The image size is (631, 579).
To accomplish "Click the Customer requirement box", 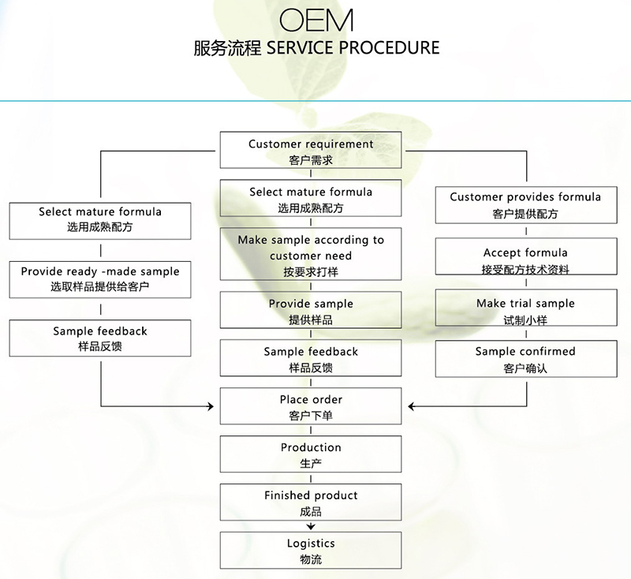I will pyautogui.click(x=311, y=151).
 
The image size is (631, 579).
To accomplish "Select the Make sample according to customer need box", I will pyautogui.click(x=311, y=255).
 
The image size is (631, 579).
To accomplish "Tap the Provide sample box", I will pyautogui.click(x=311, y=311).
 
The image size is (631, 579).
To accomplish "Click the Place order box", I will pyautogui.click(x=311, y=406).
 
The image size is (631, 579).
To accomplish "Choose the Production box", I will pyautogui.click(x=311, y=454).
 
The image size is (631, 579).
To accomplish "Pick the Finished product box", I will pyautogui.click(x=311, y=502).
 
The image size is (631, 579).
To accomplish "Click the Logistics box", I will pyautogui.click(x=311, y=551).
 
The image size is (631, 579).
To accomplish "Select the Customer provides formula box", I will pyautogui.click(x=525, y=204).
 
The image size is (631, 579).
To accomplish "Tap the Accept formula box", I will pyautogui.click(x=525, y=260).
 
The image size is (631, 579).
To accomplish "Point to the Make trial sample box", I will pyautogui.click(x=525, y=311).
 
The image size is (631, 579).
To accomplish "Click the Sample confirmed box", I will pyautogui.click(x=525, y=359).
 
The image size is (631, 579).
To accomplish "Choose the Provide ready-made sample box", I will pyautogui.click(x=100, y=278).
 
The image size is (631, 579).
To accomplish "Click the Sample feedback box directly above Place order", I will pyautogui.click(x=311, y=359).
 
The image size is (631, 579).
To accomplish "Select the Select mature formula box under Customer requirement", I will pyautogui.click(x=311, y=199).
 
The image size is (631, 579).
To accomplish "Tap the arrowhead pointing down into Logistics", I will pyautogui.click(x=311, y=526).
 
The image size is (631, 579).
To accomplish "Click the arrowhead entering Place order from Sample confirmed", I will pyautogui.click(x=412, y=406).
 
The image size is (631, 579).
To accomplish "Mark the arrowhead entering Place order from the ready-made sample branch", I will pyautogui.click(x=211, y=406).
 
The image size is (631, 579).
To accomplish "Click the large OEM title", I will pyautogui.click(x=316, y=20).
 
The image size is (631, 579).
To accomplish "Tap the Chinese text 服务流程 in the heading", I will pyautogui.click(x=228, y=47).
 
